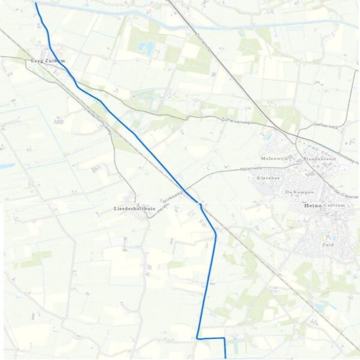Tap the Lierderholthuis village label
(x=134, y=208)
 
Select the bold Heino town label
(x=312, y=206)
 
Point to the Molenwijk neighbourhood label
(x=274, y=158)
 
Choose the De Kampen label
(x=296, y=191)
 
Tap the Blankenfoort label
(x=317, y=159)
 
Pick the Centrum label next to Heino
(x=335, y=206)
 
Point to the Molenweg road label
(x=251, y=170)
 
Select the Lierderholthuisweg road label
(x=99, y=121)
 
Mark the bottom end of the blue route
(x=225, y=357)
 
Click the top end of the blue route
(x=35, y=3)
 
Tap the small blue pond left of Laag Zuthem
(x=7, y=166)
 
